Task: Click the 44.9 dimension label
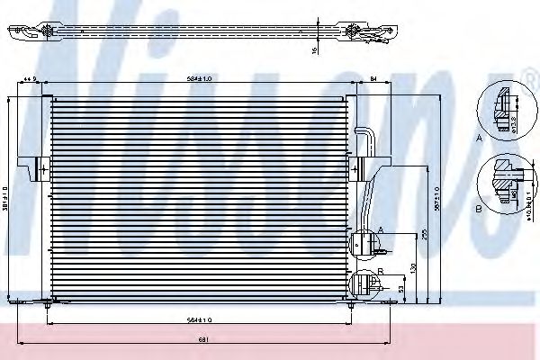(30, 80)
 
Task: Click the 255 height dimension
(424, 235)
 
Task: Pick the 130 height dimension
(414, 267)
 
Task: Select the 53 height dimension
(401, 289)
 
